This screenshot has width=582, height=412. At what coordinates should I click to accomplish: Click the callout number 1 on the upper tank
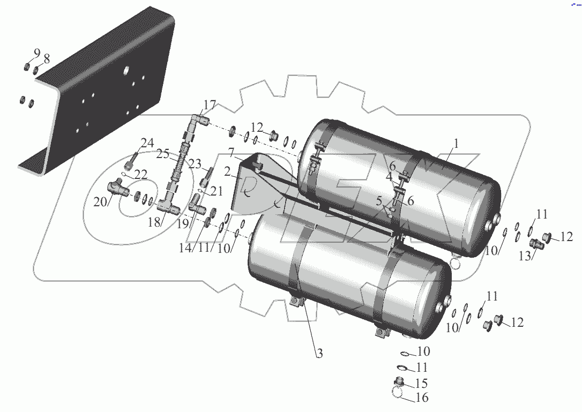[x=456, y=144]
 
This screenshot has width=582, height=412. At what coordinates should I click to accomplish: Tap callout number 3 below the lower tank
[x=319, y=353]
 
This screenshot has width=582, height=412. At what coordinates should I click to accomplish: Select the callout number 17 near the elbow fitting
[x=210, y=103]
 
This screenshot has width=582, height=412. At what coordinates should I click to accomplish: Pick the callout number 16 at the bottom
[x=422, y=398]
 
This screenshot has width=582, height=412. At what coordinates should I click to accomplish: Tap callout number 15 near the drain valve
[x=422, y=383]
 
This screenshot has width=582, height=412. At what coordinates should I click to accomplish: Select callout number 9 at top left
[x=37, y=53]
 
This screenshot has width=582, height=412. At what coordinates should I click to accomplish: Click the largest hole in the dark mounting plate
[x=126, y=70]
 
